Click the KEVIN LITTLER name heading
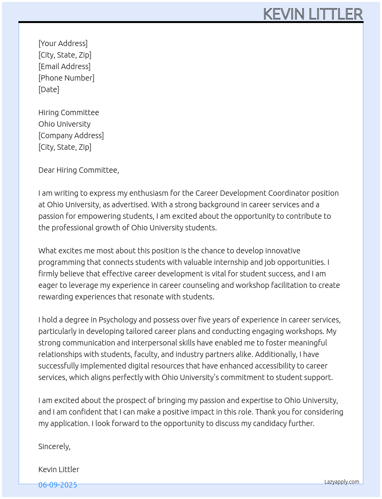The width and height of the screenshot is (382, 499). [313, 14]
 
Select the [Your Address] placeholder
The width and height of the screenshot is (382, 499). [63, 43]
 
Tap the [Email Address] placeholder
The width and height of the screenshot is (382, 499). [64, 66]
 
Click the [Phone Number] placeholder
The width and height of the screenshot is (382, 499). [66, 78]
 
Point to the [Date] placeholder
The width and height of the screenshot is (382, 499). [49, 89]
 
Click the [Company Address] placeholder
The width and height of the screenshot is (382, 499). [71, 135]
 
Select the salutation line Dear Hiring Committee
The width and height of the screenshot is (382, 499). [79, 170]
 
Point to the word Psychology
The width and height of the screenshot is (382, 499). [118, 320]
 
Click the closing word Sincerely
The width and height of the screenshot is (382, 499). [54, 446]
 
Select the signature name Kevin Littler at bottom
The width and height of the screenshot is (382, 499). [59, 469]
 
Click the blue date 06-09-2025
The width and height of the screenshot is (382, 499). [58, 485]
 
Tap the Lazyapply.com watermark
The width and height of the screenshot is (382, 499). [342, 482]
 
